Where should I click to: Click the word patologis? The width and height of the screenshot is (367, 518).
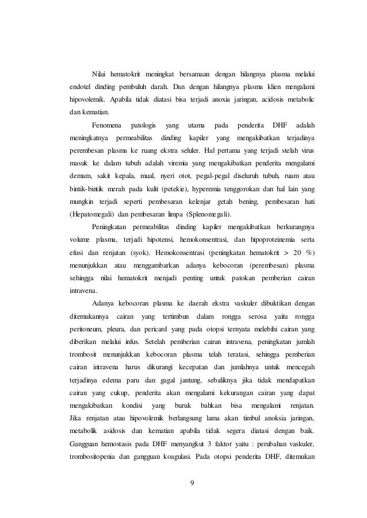(x=144, y=125)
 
